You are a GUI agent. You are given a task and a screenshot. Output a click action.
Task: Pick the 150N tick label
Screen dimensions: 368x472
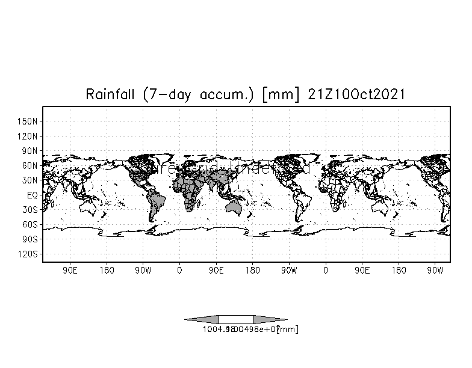[28, 121]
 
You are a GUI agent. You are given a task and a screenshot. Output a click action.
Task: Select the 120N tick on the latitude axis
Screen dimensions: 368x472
[28, 136]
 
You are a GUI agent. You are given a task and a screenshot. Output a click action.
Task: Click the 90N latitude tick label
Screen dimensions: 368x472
[30, 150]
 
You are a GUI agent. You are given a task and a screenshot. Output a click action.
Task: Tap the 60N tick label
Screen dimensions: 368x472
[30, 165]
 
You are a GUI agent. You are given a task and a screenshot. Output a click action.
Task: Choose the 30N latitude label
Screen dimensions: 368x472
[30, 180]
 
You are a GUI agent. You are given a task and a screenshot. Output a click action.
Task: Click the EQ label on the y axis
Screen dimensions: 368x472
[33, 195]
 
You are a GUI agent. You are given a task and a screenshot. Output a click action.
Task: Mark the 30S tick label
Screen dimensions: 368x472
[30, 210]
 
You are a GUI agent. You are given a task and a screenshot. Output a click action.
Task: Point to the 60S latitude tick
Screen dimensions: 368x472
[30, 224]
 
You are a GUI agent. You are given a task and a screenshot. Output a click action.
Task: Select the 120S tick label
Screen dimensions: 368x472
[28, 254]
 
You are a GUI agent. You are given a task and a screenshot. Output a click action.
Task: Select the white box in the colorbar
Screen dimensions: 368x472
[235, 319]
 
